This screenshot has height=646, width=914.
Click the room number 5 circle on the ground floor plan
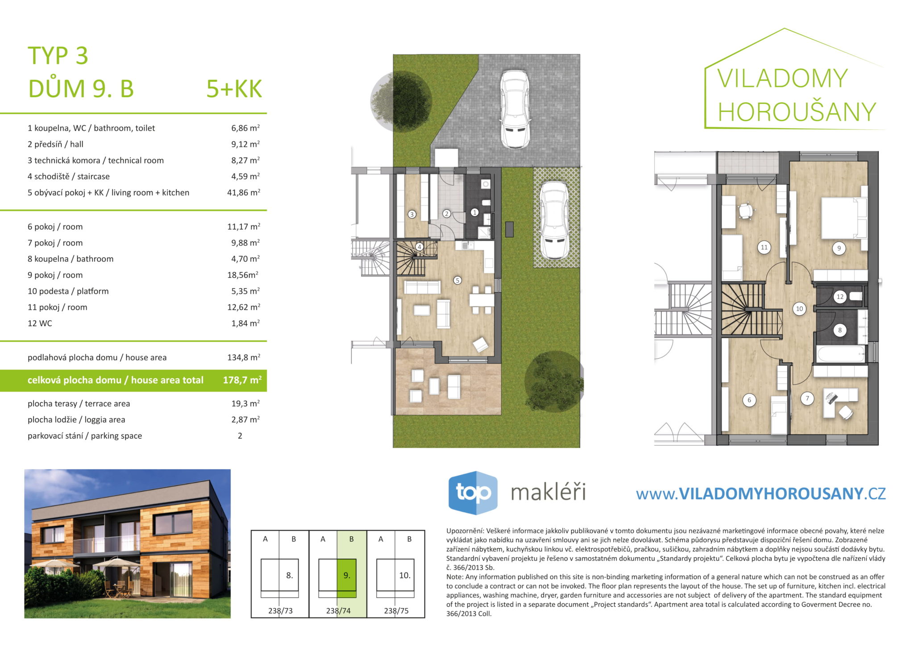457,280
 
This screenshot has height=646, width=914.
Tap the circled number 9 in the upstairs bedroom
839,248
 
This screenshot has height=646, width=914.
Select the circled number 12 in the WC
840,297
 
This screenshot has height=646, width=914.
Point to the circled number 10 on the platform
799,309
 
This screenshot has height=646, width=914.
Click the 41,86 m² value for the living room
244,192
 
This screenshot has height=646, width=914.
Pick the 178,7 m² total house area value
242,380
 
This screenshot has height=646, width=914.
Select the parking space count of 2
240,436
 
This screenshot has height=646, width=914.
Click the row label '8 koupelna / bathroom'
71,259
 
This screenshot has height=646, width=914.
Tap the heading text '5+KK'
234,89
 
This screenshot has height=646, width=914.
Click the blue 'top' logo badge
473,493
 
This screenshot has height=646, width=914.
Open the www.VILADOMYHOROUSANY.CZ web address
760,493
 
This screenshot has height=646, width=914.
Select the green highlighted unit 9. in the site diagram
347,578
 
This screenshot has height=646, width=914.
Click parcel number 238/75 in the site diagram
396,611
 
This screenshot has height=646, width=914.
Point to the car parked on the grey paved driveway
515,109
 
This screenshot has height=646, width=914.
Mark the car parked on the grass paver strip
554,220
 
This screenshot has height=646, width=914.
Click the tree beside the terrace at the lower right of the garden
553,381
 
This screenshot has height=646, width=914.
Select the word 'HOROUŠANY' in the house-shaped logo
797,112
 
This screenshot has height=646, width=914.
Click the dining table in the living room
482,300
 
